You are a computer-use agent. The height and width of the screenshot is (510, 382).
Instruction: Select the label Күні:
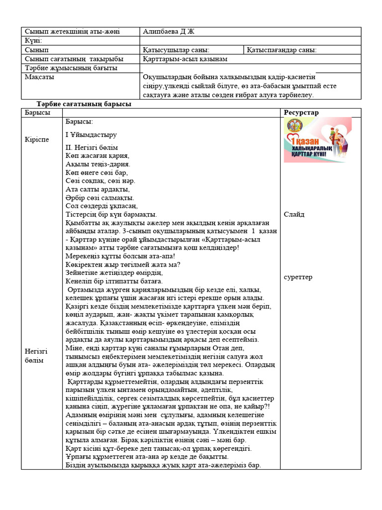point(33,41)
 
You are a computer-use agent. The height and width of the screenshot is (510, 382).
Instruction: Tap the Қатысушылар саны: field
point(176,50)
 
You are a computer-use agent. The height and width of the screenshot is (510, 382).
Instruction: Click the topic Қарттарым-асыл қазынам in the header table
point(185,59)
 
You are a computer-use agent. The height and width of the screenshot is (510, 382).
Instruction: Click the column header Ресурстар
point(301,113)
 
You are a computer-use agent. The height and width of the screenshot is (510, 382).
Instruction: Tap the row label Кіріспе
point(37,139)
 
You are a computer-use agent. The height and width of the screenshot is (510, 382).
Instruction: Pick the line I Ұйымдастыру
point(91,134)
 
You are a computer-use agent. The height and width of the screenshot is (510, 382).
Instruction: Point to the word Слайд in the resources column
point(294,215)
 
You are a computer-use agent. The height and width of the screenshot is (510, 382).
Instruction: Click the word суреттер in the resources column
point(298,277)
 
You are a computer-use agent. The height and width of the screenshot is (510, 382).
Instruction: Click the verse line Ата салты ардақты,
point(97,189)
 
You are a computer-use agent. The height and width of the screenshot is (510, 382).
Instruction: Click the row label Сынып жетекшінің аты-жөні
point(72,32)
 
